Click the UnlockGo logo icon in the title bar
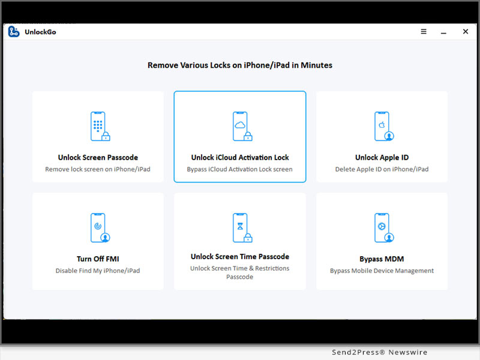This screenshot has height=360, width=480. pyautogui.click(x=14, y=32)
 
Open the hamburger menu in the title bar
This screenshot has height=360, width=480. pyautogui.click(x=424, y=32)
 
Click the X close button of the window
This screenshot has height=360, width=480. pyautogui.click(x=466, y=32)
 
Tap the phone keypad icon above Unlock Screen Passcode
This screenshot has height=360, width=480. pyautogui.click(x=100, y=127)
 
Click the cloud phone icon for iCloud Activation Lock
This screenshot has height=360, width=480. pyautogui.click(x=242, y=127)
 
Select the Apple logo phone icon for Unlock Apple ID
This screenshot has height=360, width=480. pyautogui.click(x=384, y=127)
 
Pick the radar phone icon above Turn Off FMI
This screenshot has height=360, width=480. pyautogui.click(x=100, y=228)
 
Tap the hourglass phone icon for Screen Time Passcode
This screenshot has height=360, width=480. pyautogui.click(x=242, y=228)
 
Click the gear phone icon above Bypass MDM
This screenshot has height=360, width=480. pyautogui.click(x=384, y=228)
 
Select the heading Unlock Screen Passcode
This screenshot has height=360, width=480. pyautogui.click(x=98, y=157)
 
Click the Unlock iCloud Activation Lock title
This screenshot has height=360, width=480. pyautogui.click(x=240, y=157)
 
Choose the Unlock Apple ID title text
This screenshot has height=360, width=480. pyautogui.click(x=382, y=157)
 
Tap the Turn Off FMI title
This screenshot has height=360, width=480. pyautogui.click(x=98, y=259)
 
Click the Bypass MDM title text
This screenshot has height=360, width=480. pyautogui.click(x=382, y=259)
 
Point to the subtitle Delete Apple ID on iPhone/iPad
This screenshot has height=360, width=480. pyautogui.click(x=382, y=169)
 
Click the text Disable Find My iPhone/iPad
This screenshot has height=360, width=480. pyautogui.click(x=98, y=271)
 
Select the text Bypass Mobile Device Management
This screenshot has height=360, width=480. pyautogui.click(x=382, y=271)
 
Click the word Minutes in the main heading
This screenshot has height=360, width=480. pyautogui.click(x=317, y=65)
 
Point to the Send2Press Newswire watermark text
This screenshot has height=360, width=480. pyautogui.click(x=380, y=352)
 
